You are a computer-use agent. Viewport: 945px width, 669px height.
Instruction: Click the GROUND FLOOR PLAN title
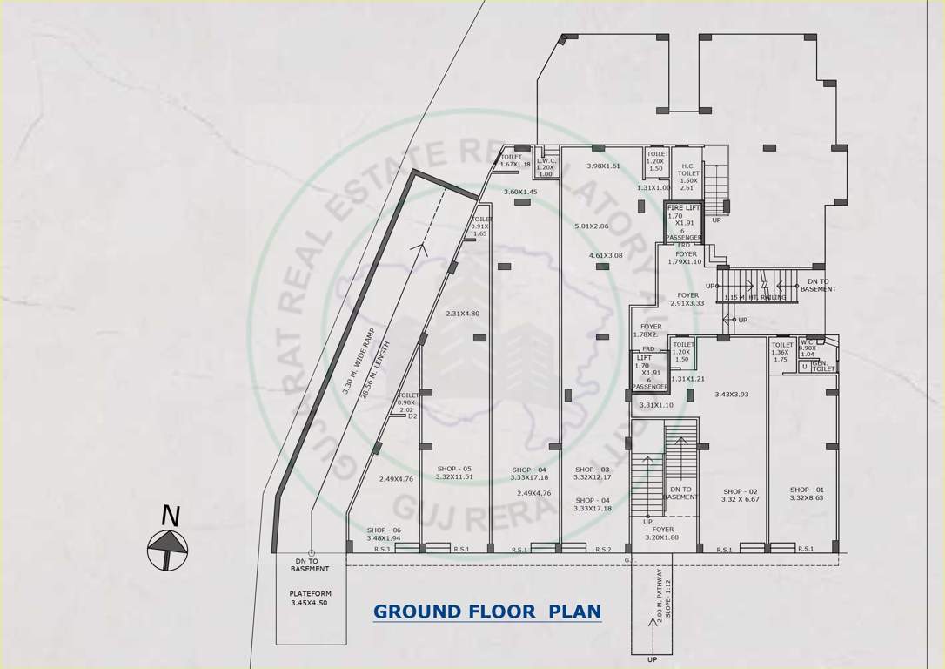[487, 612]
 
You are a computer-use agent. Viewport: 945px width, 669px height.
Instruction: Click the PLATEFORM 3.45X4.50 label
[310, 598]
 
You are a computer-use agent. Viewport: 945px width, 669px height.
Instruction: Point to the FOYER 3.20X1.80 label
[663, 533]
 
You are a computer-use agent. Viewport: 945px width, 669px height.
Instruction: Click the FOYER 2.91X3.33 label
[687, 299]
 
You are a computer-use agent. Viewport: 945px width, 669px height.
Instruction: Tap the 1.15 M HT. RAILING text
[755, 298]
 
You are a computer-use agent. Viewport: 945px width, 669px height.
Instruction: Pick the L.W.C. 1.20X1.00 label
[546, 166]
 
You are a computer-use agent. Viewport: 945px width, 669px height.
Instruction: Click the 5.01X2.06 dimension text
[592, 226]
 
